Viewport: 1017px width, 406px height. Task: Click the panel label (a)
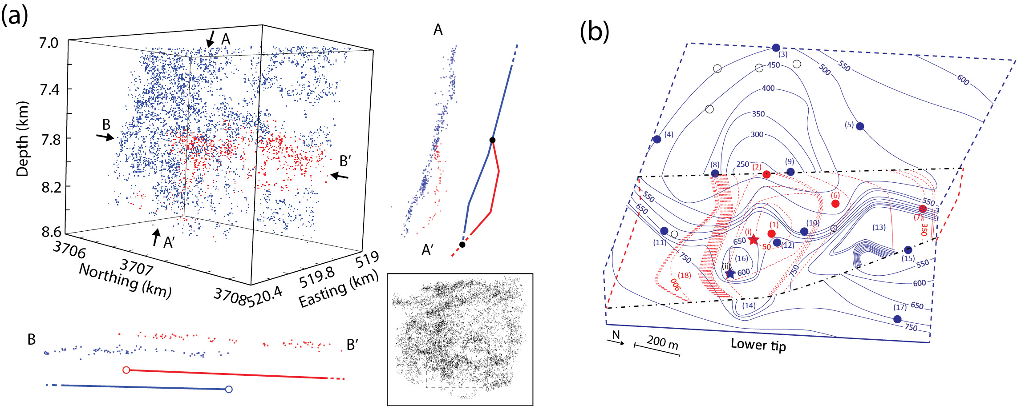(15, 16)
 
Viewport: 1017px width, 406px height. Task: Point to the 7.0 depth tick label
(49, 43)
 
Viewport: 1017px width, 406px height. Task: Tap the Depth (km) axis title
(22, 139)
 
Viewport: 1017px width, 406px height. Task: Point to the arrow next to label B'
(340, 177)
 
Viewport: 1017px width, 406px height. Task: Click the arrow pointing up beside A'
(156, 237)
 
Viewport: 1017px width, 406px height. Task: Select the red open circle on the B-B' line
(126, 370)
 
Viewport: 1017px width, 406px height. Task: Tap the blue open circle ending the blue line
(229, 390)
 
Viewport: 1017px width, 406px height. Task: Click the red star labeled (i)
(753, 240)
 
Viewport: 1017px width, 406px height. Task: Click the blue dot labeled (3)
(776, 48)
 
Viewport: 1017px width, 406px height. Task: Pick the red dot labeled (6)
(835, 204)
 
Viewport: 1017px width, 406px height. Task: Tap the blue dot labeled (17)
(897, 319)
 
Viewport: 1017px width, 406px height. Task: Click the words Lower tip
(758, 345)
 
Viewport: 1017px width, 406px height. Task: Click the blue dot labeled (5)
(860, 126)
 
